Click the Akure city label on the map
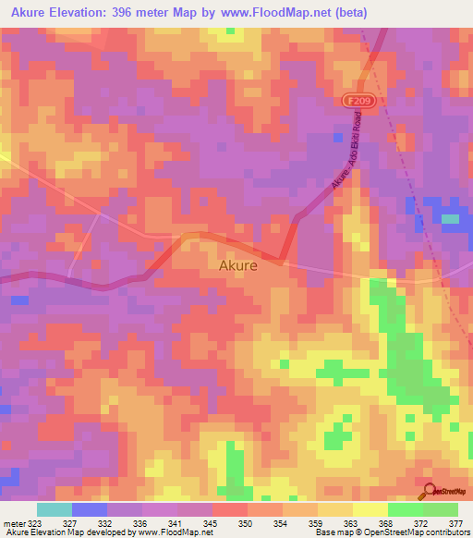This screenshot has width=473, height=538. pos(237,264)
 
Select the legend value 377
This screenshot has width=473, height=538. pos(455,523)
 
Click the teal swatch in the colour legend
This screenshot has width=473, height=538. pos(55,509)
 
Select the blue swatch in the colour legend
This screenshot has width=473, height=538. pos(90,509)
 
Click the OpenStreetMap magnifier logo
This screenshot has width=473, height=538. pos(428,491)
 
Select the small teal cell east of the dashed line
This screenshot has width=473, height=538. pos(450,219)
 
